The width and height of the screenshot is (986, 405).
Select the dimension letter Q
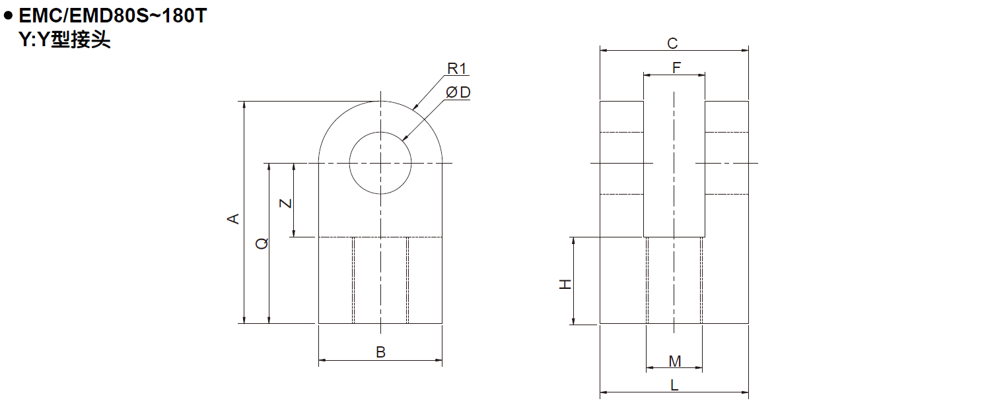pos(262,243)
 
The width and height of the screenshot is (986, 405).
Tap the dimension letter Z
pos(285,202)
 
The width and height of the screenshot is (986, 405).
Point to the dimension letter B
pos(380,352)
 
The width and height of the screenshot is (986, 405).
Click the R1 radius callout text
pos(457,69)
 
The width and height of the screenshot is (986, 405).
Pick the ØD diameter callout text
pos(458,92)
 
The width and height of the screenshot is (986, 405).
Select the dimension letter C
pos(672,44)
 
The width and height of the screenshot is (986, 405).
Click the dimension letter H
pos(565,284)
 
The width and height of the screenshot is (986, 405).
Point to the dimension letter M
pos(674,361)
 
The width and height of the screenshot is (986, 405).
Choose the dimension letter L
pos(674,386)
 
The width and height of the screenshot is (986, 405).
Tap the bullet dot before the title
pos(9,15)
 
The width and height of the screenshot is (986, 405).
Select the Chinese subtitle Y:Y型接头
pos(64,40)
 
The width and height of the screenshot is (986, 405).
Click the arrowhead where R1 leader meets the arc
pos(415,107)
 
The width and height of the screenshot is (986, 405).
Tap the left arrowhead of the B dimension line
pos(322,361)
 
